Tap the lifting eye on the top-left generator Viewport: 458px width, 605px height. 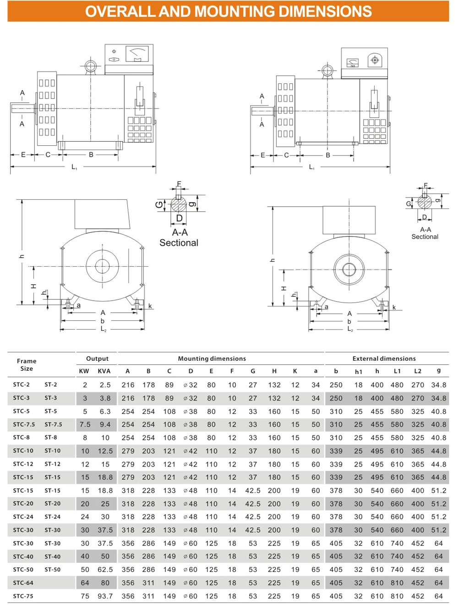click(x=90, y=66)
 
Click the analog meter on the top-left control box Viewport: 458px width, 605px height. click(x=137, y=54)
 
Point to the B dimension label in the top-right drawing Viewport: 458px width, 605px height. click(x=328, y=155)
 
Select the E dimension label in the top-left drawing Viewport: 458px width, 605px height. click(x=23, y=154)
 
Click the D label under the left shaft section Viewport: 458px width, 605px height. click(x=179, y=218)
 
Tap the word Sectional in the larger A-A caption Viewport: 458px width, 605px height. click(x=179, y=243)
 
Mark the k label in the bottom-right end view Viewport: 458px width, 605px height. click(x=394, y=308)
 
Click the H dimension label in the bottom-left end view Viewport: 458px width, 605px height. click(x=33, y=286)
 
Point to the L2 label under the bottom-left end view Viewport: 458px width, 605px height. click(x=104, y=329)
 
